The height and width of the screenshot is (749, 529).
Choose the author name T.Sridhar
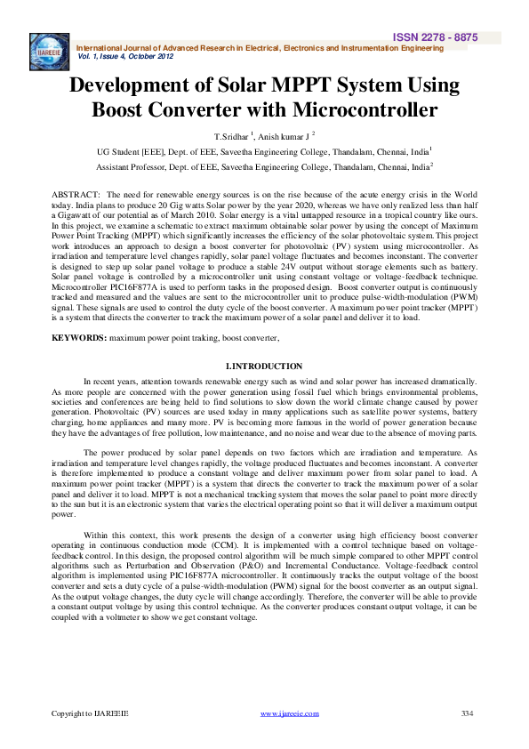pos(230,137)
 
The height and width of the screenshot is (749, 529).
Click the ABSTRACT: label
pos(75,194)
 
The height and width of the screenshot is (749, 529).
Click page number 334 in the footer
pos(469,713)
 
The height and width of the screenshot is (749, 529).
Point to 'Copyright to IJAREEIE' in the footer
pos(90,713)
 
